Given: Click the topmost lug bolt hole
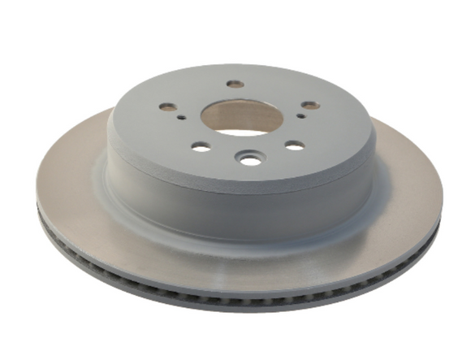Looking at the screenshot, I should click(x=235, y=84).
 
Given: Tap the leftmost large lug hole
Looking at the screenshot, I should click(x=167, y=107).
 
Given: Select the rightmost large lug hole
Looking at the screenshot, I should click(x=309, y=106).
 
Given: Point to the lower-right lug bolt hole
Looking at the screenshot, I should click(x=295, y=145).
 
